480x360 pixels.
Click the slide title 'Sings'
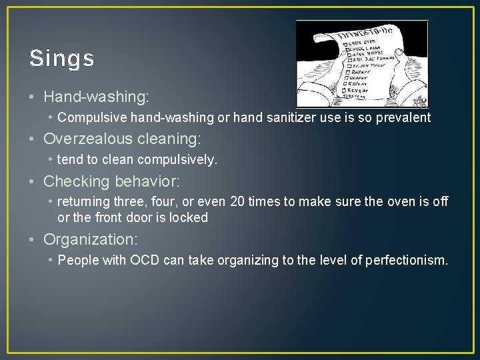pos(62,59)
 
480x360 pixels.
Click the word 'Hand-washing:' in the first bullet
pos(96,97)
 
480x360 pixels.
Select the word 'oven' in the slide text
pos(400,202)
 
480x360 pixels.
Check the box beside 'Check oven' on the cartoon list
pos(347,44)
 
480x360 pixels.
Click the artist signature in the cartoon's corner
pos(420,102)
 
